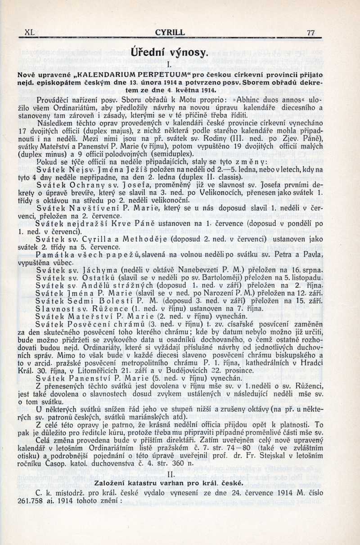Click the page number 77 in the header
click(x=310, y=32)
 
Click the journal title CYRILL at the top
click(x=170, y=32)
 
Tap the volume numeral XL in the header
click(x=30, y=32)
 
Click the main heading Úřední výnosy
click(x=170, y=53)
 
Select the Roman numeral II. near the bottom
click(x=170, y=474)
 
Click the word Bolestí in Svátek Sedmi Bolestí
click(x=117, y=301)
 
